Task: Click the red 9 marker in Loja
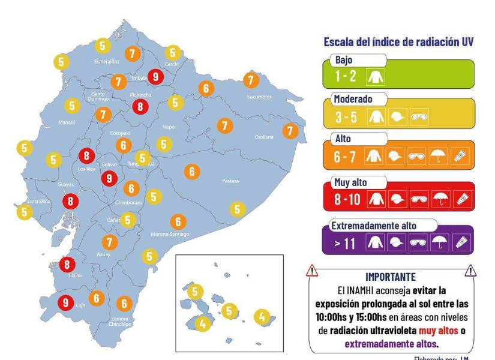tap(65, 303)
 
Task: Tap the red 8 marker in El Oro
tap(67, 264)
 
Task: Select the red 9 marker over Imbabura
tap(156, 76)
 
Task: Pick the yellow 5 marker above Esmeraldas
tap(103, 46)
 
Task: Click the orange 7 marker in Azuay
tap(109, 242)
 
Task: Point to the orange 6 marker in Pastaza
tap(192, 172)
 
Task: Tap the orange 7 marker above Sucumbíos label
tap(251, 79)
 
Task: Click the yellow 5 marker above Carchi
tap(173, 53)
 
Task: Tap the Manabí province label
tap(67, 122)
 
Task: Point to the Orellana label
tap(263, 137)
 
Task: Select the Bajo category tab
tap(344, 61)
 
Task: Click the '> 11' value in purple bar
tap(346, 243)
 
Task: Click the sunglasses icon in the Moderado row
tap(418, 117)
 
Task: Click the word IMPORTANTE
tap(390, 277)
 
